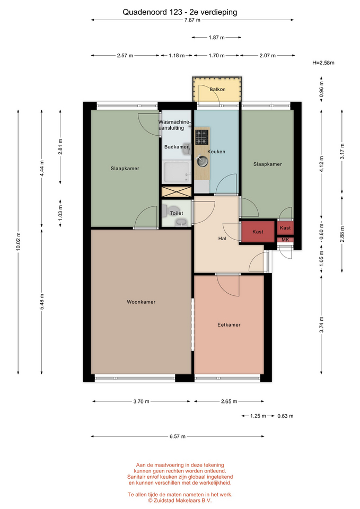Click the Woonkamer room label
coord(141,302)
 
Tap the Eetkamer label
coord(229,324)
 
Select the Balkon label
coord(217,89)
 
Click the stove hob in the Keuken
coord(201,137)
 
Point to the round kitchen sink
coord(202,161)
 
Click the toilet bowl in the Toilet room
coord(164,211)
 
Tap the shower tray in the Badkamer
coord(177,172)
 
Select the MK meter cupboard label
coord(285,240)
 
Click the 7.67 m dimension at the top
coord(192,20)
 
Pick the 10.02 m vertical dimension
coord(18,241)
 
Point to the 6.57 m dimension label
coord(178,436)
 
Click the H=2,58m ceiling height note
coord(323,63)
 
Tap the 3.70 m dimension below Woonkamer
coord(141,401)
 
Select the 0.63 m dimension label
coord(285,416)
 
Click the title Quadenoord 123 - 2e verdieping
coord(180,12)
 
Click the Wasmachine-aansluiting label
coord(174,125)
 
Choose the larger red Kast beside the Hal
coord(258,232)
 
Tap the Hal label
coord(222,238)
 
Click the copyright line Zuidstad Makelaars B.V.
coord(180,501)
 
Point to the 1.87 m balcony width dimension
coord(216,37)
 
